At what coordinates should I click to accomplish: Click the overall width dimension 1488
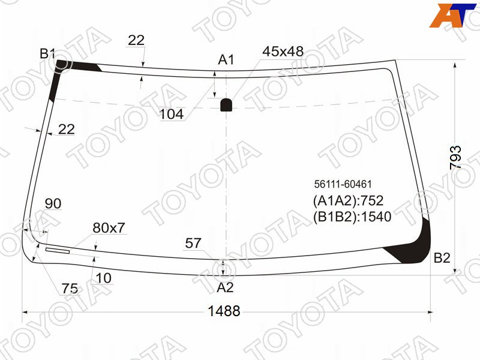coord(224,311)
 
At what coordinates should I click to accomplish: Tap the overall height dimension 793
coord(455,158)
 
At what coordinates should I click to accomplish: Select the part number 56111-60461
coord(343,184)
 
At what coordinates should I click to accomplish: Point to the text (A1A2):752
coord(348,201)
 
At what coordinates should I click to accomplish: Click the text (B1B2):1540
coord(352,217)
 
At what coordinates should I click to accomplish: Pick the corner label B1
coord(47,53)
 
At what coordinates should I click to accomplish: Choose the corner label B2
coord(442,258)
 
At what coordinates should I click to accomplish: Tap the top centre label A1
coord(226,59)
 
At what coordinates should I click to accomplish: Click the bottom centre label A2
coord(225,287)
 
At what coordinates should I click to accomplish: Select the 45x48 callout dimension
coord(283,52)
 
